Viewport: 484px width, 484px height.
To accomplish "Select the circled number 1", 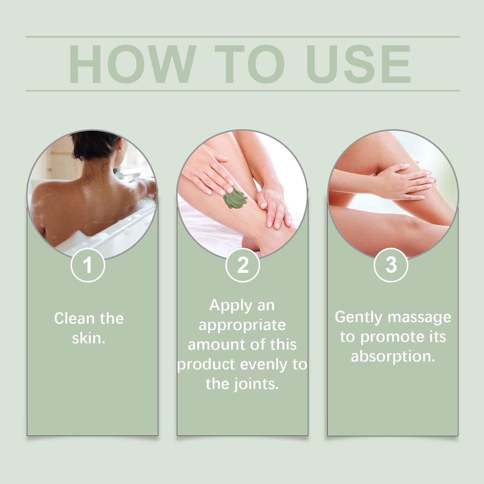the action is click(x=88, y=265).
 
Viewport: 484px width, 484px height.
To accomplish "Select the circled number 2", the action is click(x=243, y=265).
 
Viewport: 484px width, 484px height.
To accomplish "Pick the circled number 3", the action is click(x=391, y=265).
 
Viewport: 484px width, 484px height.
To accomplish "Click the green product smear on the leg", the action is click(x=235, y=198).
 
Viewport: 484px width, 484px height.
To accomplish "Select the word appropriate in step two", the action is click(x=242, y=325).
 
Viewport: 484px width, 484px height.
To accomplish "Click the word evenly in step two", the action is click(x=263, y=365).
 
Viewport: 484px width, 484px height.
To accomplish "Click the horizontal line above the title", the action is click(x=243, y=37).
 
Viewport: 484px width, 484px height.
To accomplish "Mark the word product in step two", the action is click(x=206, y=365).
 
